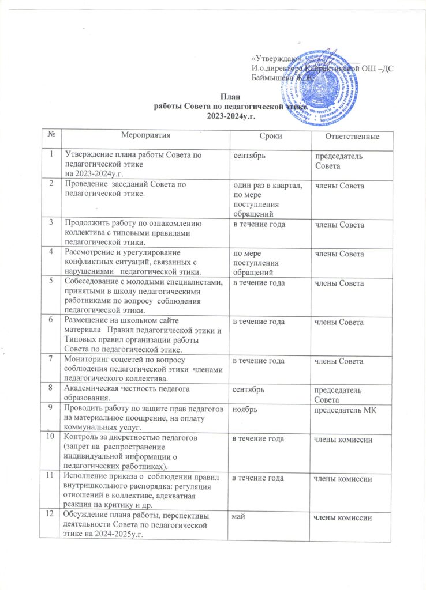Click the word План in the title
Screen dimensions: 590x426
coord(230,97)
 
